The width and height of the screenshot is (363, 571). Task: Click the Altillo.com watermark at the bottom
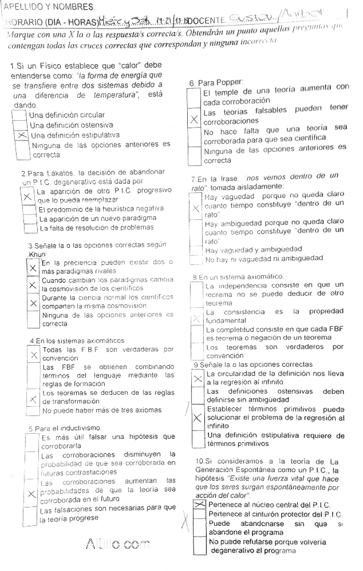point(117,544)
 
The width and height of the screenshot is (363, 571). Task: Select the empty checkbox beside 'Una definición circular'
point(20,116)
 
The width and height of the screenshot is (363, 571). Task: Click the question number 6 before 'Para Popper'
point(192,83)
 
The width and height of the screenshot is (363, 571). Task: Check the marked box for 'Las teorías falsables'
point(194,120)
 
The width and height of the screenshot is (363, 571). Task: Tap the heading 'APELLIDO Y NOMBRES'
point(49,7)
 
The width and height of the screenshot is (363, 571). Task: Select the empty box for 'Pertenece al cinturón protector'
point(200,514)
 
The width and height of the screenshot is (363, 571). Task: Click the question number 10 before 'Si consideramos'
point(200,461)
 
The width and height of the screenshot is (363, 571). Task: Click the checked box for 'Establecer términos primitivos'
point(198,418)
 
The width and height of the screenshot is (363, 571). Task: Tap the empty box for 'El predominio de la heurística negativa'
point(30,209)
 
